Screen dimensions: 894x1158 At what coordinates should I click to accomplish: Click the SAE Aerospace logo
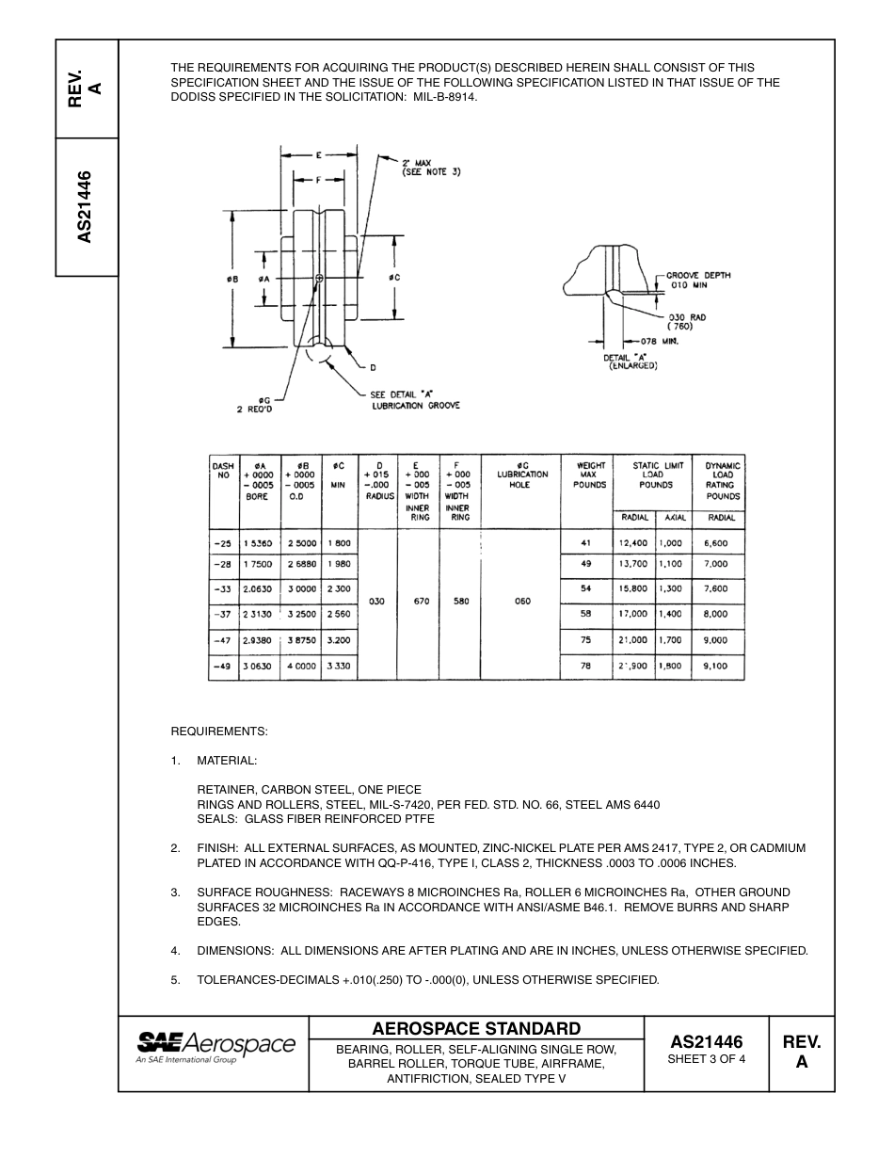[216, 1046]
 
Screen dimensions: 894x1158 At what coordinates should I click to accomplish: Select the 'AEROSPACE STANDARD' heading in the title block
[476, 1028]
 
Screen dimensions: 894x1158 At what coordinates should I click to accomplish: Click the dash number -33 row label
[223, 588]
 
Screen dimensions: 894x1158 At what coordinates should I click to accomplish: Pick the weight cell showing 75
[585, 639]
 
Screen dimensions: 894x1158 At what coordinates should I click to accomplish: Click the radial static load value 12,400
[633, 542]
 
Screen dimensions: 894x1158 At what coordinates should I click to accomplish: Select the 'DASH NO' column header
[223, 471]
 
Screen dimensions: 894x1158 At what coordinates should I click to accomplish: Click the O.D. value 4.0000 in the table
[301, 666]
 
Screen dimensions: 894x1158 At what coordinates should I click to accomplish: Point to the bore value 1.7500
[259, 564]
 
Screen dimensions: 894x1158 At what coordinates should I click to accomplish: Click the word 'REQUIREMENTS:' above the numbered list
[219, 732]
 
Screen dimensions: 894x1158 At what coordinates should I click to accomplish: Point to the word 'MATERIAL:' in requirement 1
[227, 760]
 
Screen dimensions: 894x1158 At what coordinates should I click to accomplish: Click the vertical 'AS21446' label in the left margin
[86, 207]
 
